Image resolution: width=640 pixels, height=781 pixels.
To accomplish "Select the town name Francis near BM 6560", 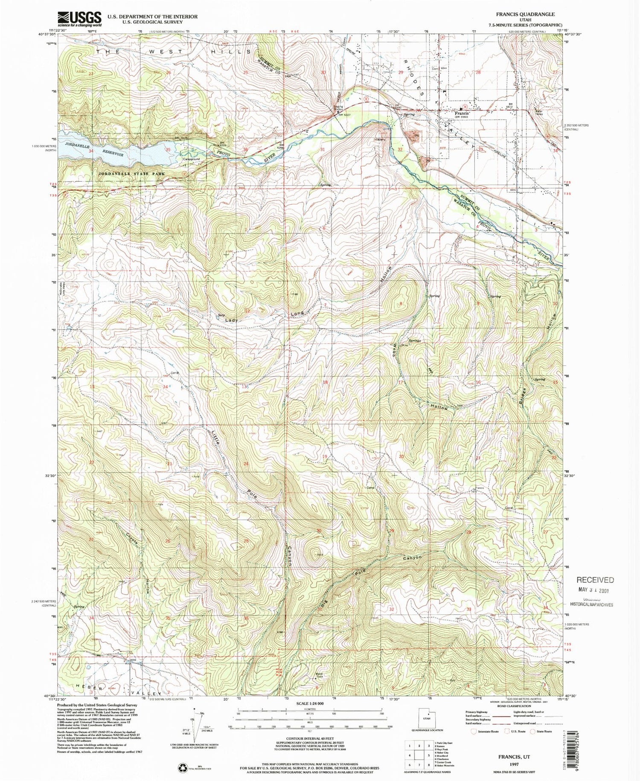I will pos(462,114).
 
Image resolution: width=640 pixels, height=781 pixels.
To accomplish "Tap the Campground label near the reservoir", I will pos(192,159).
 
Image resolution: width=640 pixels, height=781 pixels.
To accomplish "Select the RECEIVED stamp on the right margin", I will pos(596,580).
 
